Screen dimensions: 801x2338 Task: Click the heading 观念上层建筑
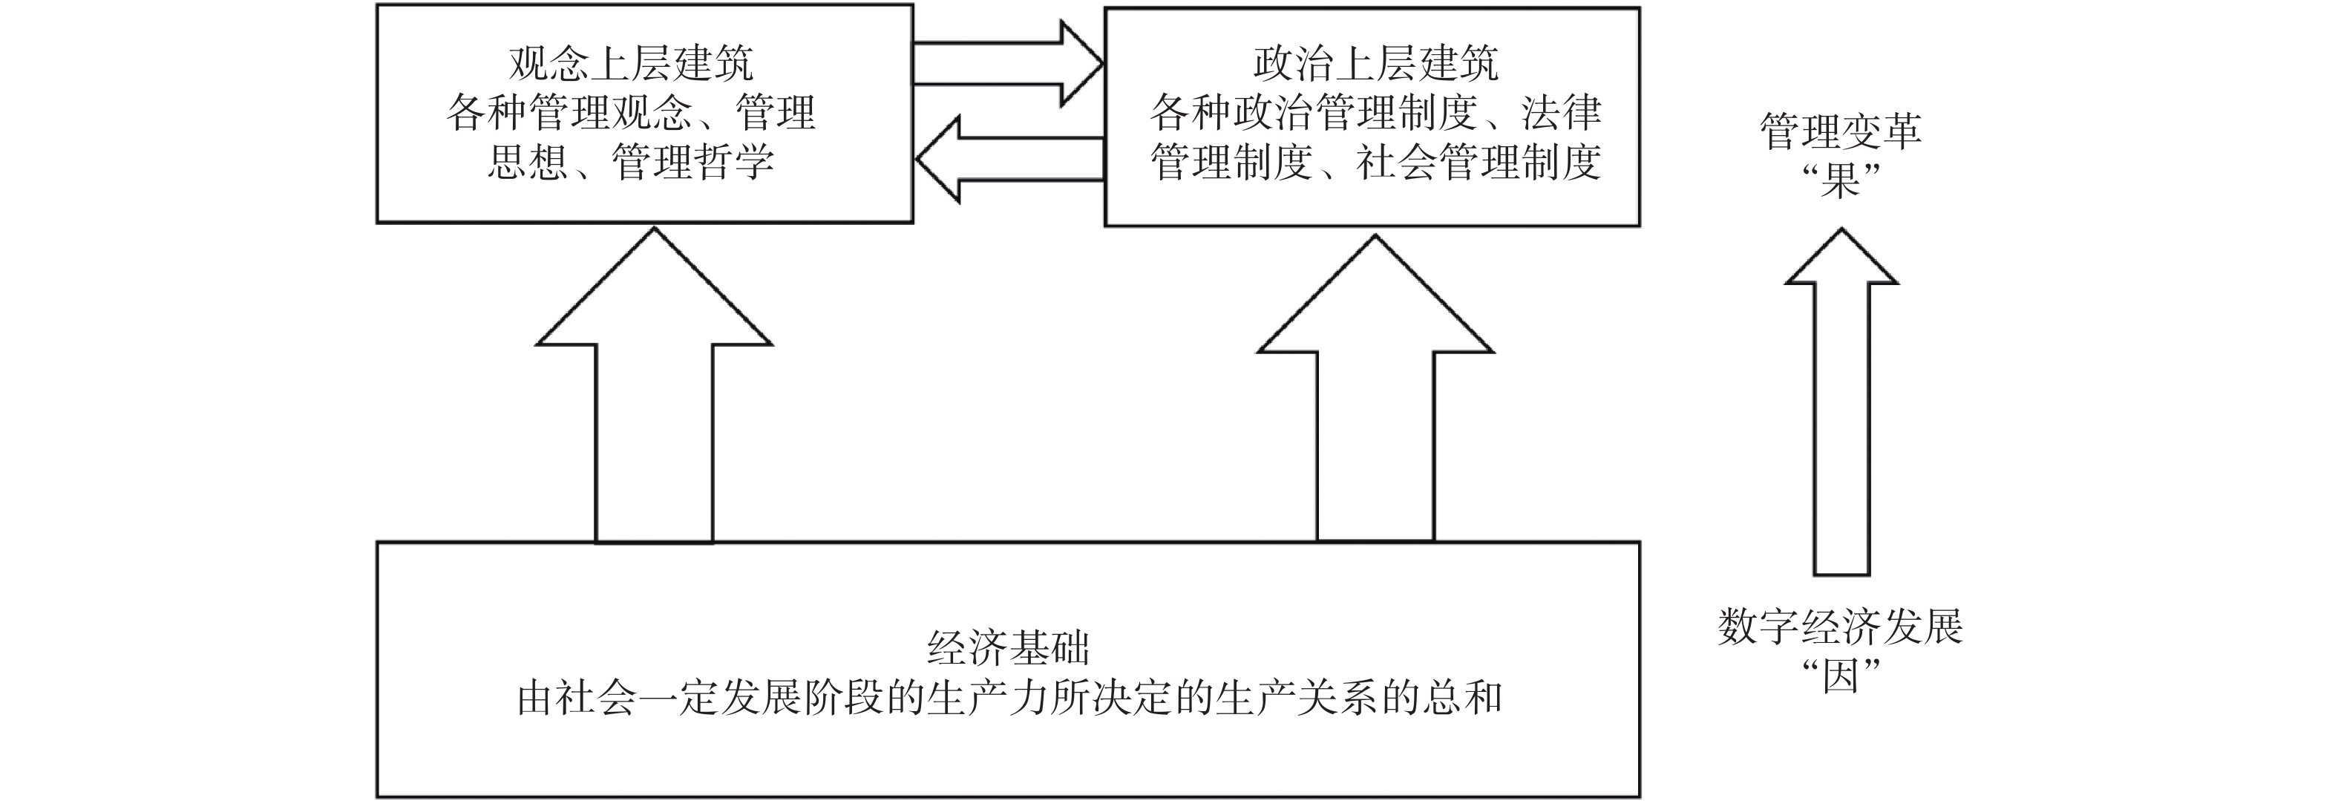click(x=631, y=64)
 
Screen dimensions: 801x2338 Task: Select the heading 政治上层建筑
click(x=1375, y=64)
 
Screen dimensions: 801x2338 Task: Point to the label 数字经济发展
click(x=1841, y=627)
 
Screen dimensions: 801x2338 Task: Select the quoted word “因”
click(x=1841, y=676)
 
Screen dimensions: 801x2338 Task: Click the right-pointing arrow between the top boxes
click(x=1007, y=64)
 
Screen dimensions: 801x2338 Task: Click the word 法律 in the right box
click(x=1562, y=114)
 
